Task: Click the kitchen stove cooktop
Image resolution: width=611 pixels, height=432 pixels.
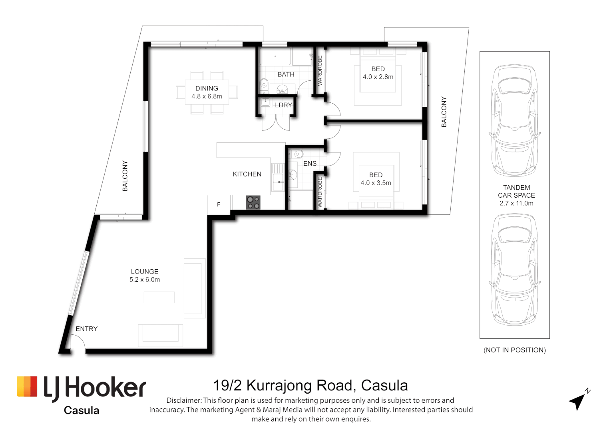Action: click(253, 203)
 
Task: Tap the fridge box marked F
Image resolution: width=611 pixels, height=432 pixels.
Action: click(219, 204)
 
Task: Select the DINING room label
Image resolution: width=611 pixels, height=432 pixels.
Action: click(207, 88)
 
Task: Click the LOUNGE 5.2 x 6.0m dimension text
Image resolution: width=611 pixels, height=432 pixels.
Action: click(145, 280)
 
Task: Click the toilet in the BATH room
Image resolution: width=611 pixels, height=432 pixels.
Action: click(263, 83)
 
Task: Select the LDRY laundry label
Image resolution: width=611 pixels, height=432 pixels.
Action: click(283, 105)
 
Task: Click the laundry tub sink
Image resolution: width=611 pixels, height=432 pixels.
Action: click(265, 102)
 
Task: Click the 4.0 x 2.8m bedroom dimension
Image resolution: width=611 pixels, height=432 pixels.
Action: click(378, 77)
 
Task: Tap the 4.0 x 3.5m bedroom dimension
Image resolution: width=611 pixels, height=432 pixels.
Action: click(376, 183)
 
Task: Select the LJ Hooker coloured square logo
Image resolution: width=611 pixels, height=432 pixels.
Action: click(27, 386)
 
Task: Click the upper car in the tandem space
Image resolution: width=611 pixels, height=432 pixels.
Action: click(515, 121)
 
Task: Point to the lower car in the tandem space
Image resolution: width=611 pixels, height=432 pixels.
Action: click(515, 270)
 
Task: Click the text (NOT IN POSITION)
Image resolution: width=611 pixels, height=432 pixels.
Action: click(515, 350)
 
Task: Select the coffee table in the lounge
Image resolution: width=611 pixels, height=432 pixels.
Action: click(159, 297)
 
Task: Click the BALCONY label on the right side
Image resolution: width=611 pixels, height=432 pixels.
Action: click(444, 112)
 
